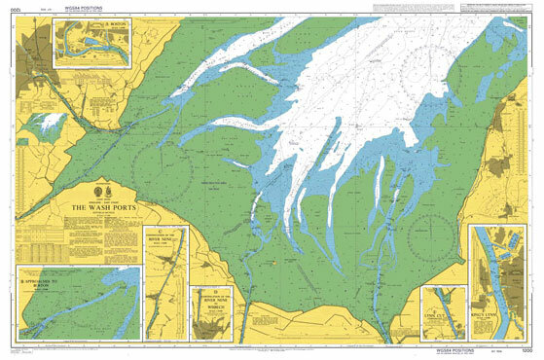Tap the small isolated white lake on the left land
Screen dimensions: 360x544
(x=47, y=125)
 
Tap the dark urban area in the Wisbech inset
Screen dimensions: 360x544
(x=209, y=326)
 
